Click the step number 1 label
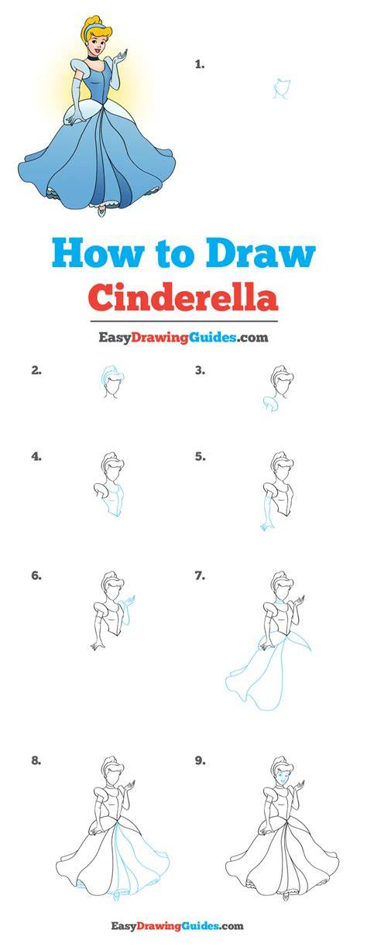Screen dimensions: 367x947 tap(200, 65)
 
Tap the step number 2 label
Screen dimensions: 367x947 tap(36, 371)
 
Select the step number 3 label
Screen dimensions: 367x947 tap(201, 371)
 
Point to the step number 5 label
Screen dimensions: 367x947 tap(201, 457)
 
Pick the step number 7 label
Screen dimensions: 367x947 tap(201, 576)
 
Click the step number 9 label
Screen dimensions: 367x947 tap(201, 761)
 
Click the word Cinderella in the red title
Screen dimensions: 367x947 tap(184, 297)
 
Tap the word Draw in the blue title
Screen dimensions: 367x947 tap(261, 254)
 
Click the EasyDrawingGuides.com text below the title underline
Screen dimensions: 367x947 tap(183, 338)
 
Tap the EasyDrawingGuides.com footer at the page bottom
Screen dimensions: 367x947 tap(183, 926)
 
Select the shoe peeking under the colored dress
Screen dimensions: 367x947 tap(100, 210)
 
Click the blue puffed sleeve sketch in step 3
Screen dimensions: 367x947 tap(270, 403)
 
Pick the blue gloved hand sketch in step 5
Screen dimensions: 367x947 tap(266, 527)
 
